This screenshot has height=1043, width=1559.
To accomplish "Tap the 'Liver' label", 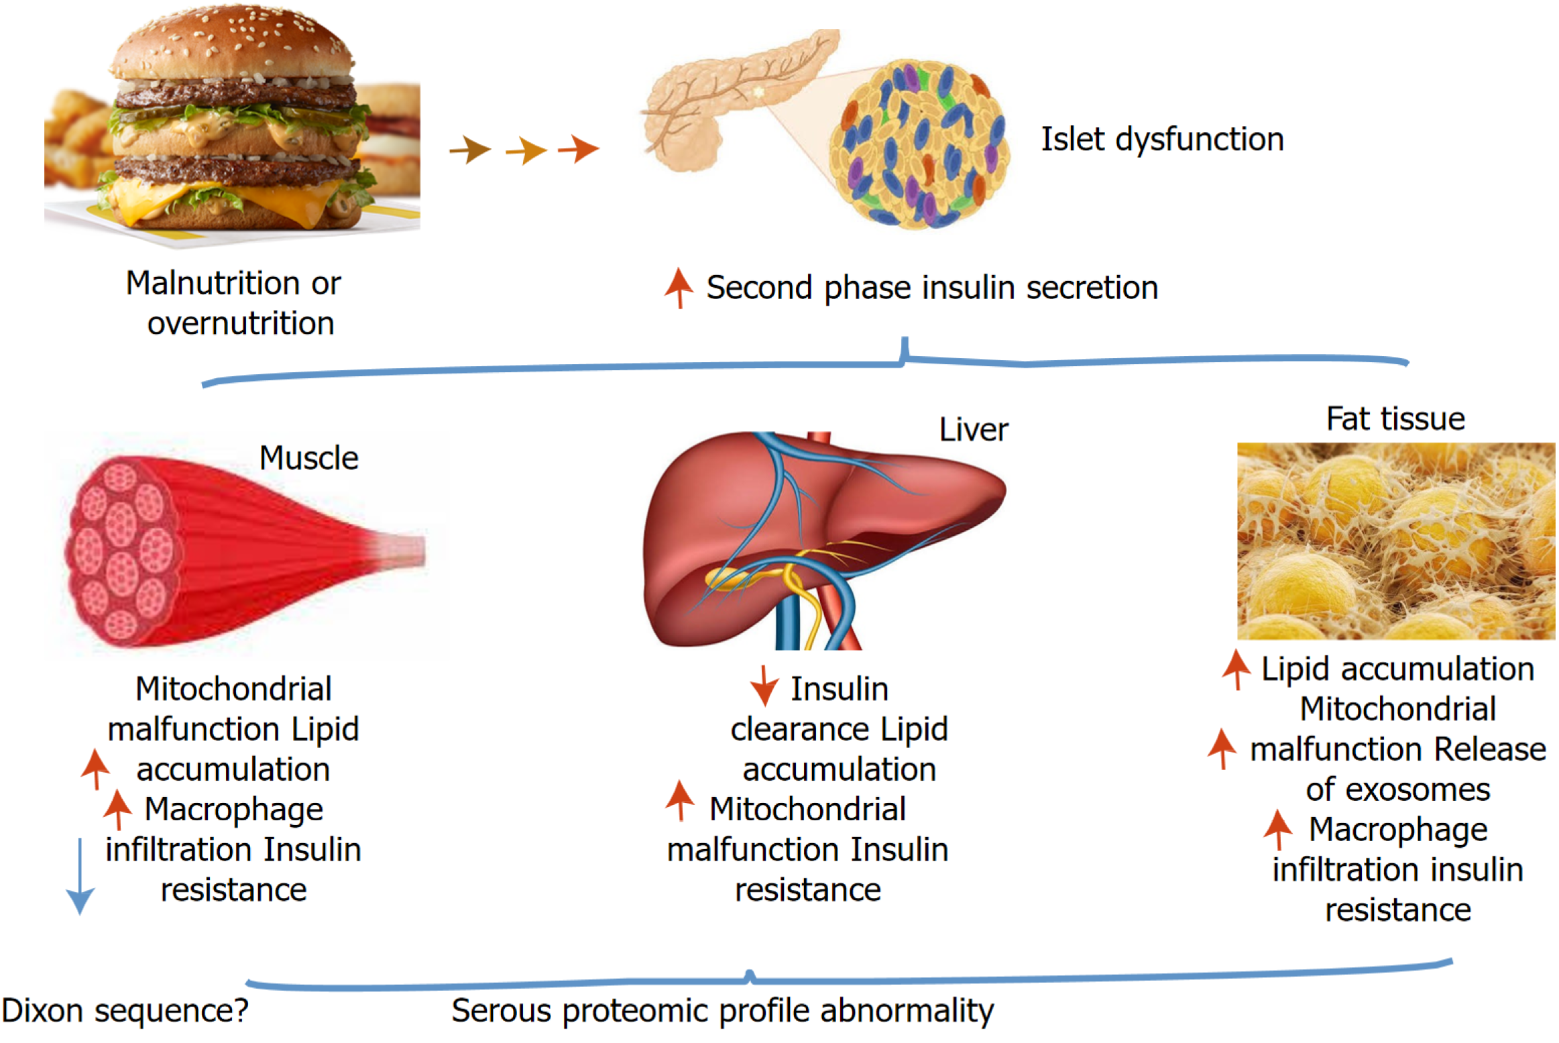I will (972, 430).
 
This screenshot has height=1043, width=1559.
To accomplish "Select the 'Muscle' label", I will (308, 458).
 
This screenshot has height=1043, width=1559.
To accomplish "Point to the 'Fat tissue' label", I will (1395, 419).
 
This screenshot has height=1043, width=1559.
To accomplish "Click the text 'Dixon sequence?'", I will (125, 1010).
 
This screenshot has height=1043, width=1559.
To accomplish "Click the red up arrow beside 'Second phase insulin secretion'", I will (679, 287).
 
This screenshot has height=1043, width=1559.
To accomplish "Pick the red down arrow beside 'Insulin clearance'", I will (763, 686).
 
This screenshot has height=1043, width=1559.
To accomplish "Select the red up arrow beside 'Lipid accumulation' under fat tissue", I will (1236, 669).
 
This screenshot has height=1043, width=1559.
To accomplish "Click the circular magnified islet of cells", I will (919, 144).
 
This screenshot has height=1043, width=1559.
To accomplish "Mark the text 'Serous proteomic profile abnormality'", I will (722, 1010).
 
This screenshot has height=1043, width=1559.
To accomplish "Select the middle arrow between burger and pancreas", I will (526, 150).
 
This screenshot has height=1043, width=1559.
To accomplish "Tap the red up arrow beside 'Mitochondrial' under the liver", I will (679, 800).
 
